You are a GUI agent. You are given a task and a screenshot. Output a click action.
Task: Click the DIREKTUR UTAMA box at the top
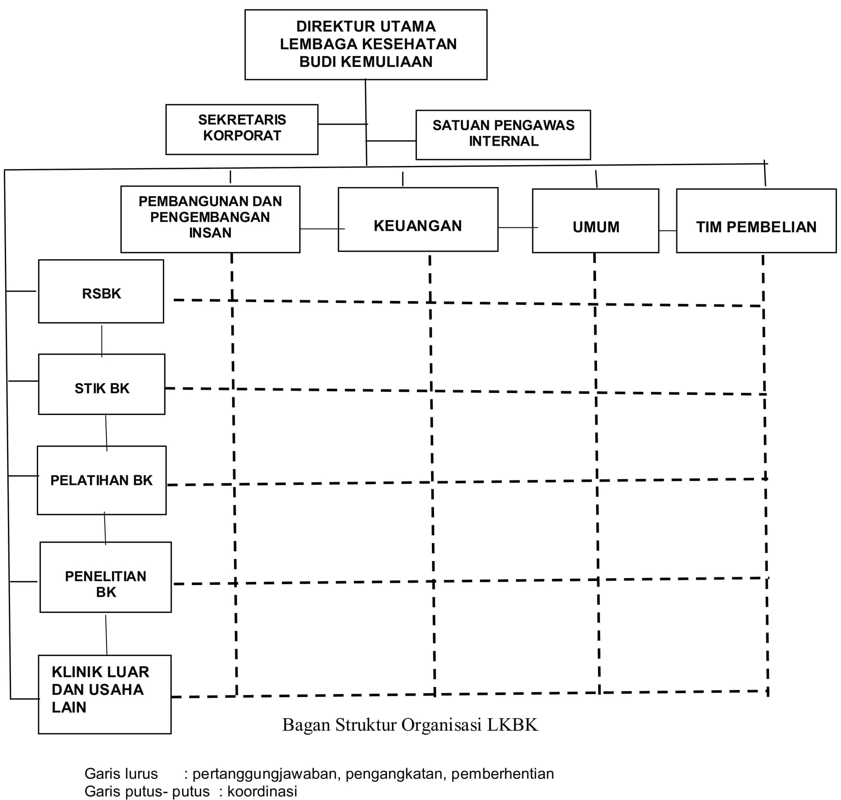(x=366, y=44)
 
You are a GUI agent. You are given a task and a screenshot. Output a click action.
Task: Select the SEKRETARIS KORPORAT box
(x=242, y=129)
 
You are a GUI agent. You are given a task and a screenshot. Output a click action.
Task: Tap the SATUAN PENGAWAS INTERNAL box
(x=503, y=134)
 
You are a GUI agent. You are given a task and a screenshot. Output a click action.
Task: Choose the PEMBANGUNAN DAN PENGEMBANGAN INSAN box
(x=210, y=219)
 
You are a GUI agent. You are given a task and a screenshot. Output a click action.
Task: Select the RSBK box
(x=101, y=291)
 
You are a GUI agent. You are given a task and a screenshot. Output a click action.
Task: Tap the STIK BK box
(x=102, y=384)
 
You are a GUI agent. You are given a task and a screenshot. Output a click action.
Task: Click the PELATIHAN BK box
(x=102, y=480)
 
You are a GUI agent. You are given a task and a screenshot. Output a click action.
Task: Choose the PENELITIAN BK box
(x=106, y=577)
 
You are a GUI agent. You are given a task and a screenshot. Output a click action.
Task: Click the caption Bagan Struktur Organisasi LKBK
(x=410, y=725)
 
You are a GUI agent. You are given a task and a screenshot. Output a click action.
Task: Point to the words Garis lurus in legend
(x=121, y=774)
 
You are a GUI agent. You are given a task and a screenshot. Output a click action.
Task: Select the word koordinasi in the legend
(x=262, y=791)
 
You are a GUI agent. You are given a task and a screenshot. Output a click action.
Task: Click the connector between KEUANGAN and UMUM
(x=515, y=227)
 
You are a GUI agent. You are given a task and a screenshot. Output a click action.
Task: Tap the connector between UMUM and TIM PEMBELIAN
(x=668, y=230)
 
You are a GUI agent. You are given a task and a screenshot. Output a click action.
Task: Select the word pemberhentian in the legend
(x=502, y=774)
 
